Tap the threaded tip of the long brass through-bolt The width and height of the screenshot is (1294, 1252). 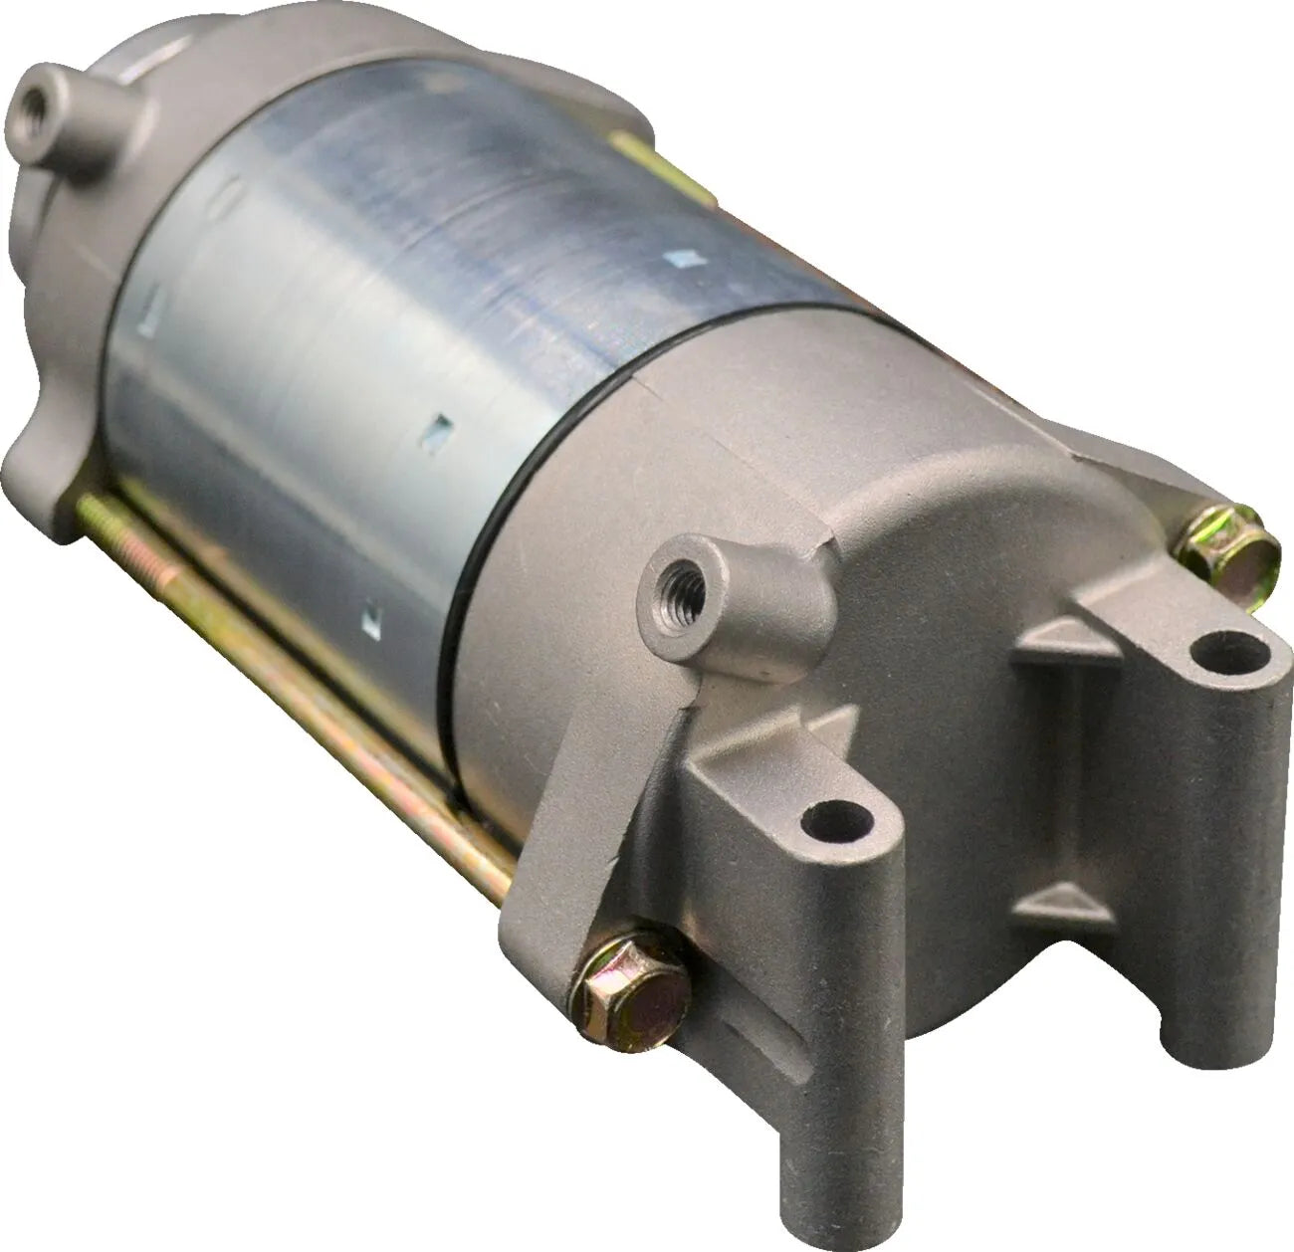pyautogui.click(x=90, y=512)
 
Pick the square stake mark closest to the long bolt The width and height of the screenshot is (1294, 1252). pyautogui.click(x=369, y=619)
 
